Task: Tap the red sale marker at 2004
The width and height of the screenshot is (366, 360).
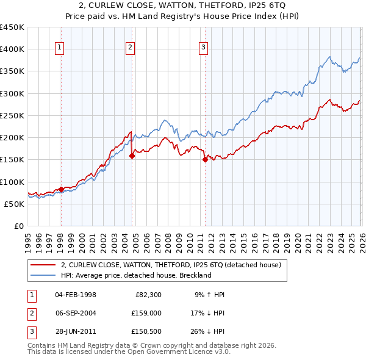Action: [x=132, y=156]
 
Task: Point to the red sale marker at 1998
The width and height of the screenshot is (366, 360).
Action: [x=61, y=189]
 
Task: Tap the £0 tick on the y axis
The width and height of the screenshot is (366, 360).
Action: [x=20, y=226]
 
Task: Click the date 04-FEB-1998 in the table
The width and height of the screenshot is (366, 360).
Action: [x=75, y=295]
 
